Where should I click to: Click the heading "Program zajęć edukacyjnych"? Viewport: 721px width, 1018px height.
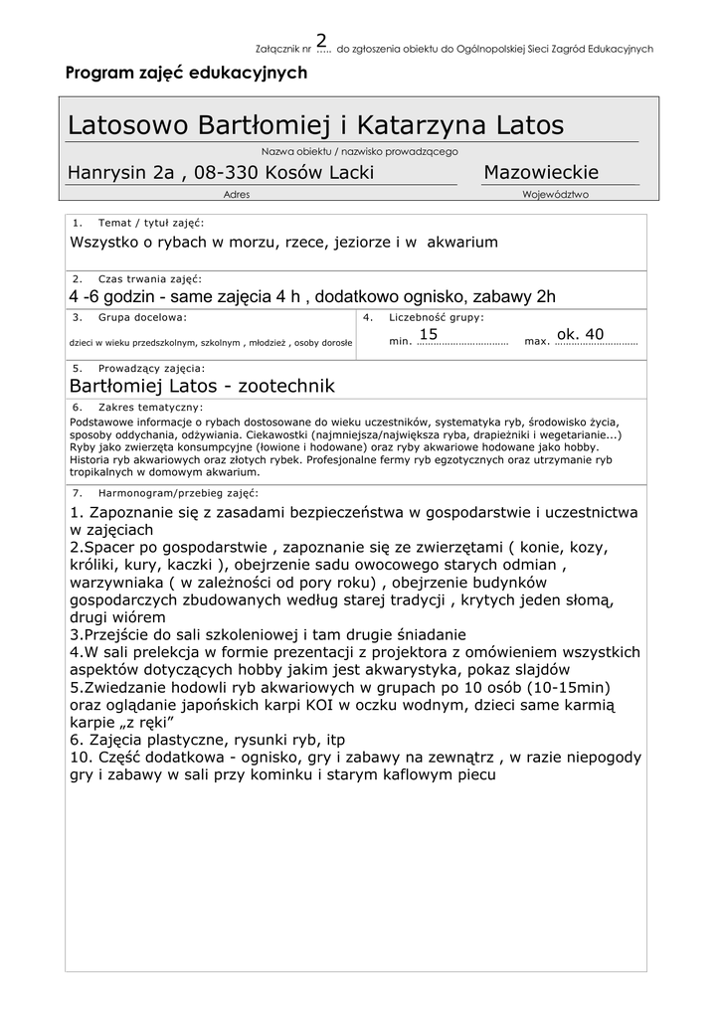click(x=186, y=73)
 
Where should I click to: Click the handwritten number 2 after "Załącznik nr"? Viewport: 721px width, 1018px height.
click(x=321, y=40)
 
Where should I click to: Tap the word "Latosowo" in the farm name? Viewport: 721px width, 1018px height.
click(x=128, y=126)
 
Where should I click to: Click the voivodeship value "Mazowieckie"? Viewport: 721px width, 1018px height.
click(x=541, y=173)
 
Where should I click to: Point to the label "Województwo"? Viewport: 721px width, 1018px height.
click(x=555, y=195)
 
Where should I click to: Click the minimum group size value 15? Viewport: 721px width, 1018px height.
click(x=429, y=334)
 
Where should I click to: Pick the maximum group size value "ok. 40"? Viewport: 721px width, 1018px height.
click(x=580, y=334)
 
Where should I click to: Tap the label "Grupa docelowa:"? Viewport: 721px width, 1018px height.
click(x=142, y=317)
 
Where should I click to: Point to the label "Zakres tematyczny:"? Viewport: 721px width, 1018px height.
click(x=150, y=408)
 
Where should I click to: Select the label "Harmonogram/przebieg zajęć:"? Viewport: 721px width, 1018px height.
click(x=178, y=492)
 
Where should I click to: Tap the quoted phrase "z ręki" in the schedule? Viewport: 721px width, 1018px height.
click(x=148, y=722)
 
